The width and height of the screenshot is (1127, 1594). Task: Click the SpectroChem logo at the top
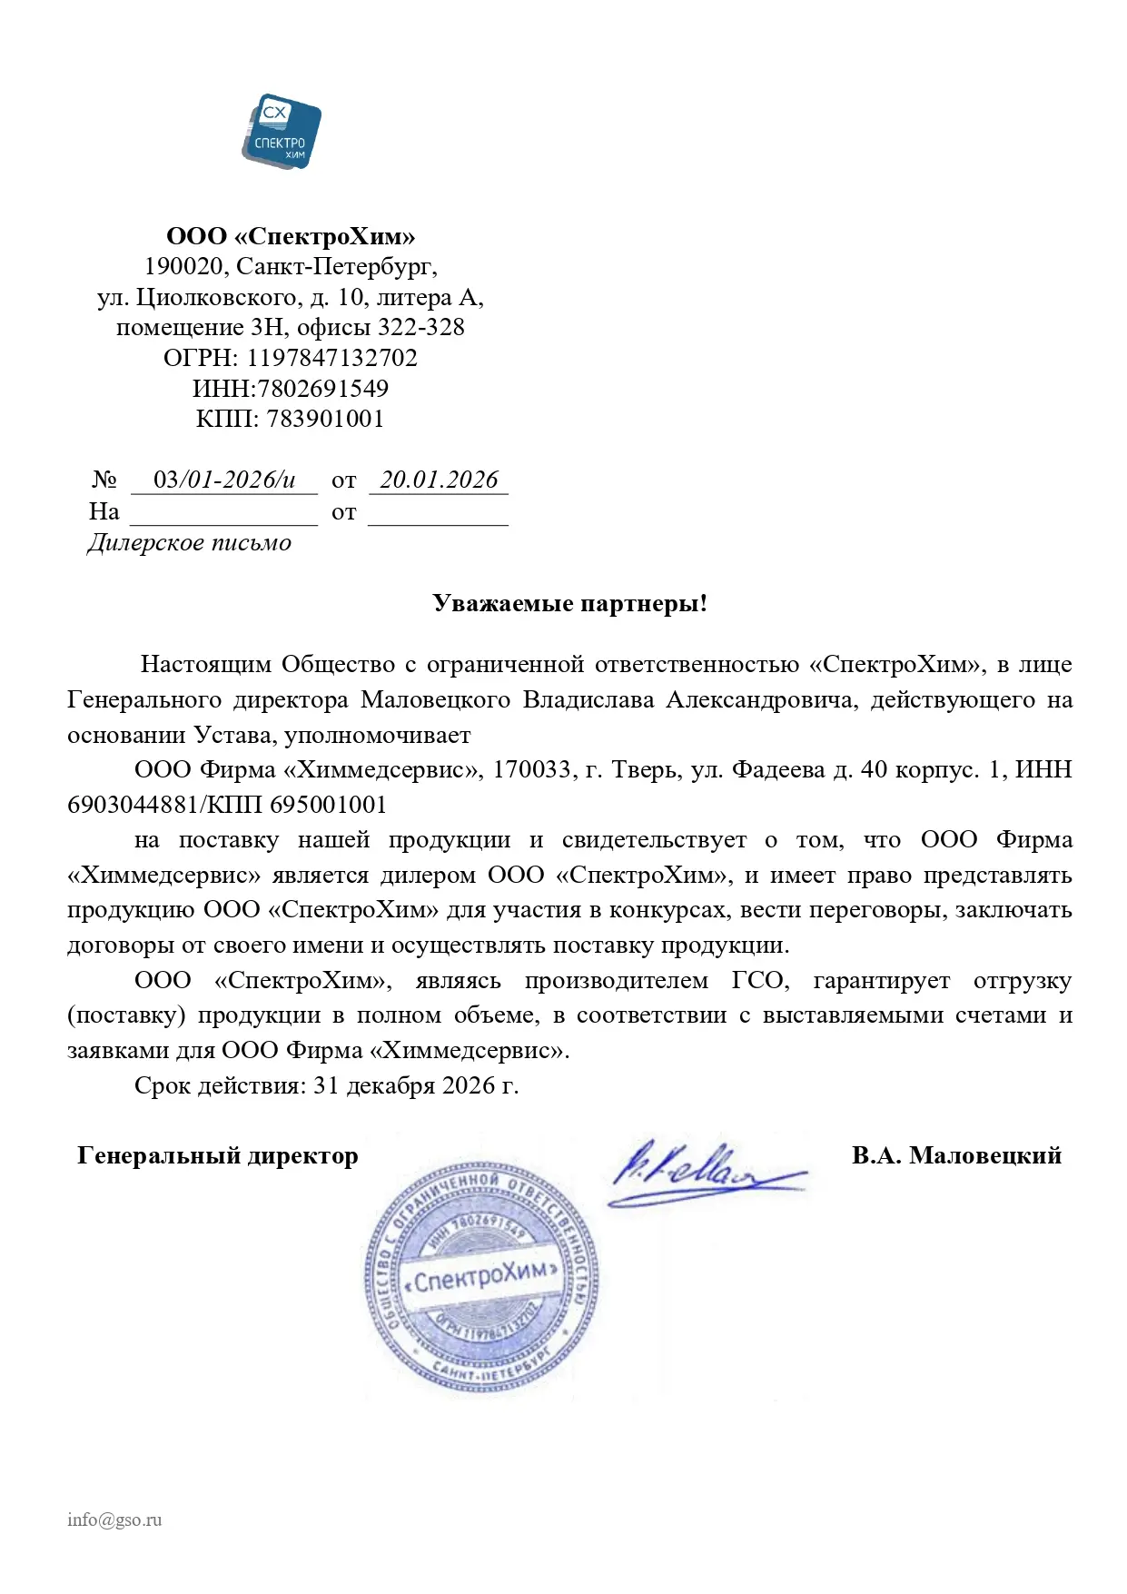[x=282, y=131]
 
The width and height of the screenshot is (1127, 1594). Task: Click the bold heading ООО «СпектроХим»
[x=291, y=237]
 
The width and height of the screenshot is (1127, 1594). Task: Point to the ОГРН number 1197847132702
[x=331, y=358]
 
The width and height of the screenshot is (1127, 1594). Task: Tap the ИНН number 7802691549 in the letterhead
[x=323, y=389]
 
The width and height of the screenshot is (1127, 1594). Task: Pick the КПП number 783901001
[x=325, y=419]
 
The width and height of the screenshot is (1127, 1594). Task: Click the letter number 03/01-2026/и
[x=224, y=480]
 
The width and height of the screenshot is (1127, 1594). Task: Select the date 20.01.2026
[x=439, y=480]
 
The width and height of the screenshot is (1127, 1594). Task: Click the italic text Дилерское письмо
[x=190, y=543]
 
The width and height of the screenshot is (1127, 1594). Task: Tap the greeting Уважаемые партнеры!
[x=569, y=604]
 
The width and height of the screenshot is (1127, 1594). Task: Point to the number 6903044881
[x=132, y=805]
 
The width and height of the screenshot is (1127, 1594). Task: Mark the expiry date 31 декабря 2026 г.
[x=416, y=1085]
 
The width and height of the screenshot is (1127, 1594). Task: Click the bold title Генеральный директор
[x=218, y=1155]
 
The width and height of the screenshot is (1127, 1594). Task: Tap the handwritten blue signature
[x=699, y=1172]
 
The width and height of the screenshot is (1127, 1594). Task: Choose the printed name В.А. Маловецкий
[x=956, y=1155]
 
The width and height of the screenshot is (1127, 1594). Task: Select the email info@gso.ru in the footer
[x=114, y=1520]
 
